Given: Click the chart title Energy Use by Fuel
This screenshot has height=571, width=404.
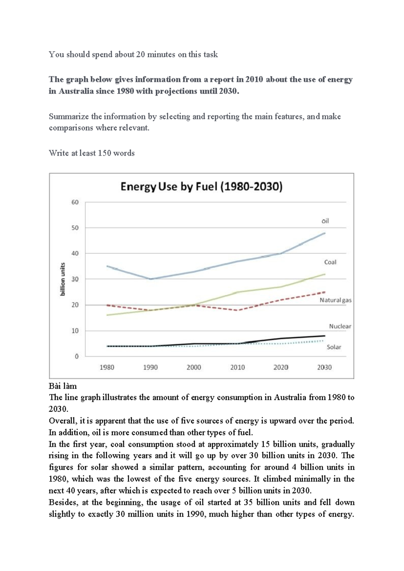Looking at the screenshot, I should [201, 187].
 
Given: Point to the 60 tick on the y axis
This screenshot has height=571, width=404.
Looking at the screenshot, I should [75, 202].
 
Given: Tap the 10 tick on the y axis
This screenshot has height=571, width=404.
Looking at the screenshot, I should [75, 331].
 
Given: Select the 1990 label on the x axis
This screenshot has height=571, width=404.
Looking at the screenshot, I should [150, 367].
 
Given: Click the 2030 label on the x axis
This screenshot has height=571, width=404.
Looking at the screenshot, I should [324, 367].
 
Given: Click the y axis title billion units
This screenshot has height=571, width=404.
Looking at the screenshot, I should [63, 279].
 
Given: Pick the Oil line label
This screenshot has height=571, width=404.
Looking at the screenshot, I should [325, 221].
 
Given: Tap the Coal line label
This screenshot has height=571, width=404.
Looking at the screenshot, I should [330, 262].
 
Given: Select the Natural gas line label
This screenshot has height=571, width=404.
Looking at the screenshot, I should [335, 300].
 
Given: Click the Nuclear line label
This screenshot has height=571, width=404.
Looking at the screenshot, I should [340, 326].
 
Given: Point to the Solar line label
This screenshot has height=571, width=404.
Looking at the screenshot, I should [334, 347].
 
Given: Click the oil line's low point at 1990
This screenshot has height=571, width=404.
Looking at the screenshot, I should [150, 279].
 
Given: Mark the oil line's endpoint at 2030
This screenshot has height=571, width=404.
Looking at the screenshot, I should [325, 233].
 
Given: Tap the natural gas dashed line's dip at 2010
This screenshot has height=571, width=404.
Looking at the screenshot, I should [237, 310].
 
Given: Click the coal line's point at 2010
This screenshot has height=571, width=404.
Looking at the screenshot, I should [237, 292].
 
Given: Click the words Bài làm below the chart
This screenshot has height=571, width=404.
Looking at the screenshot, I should [63, 386].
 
